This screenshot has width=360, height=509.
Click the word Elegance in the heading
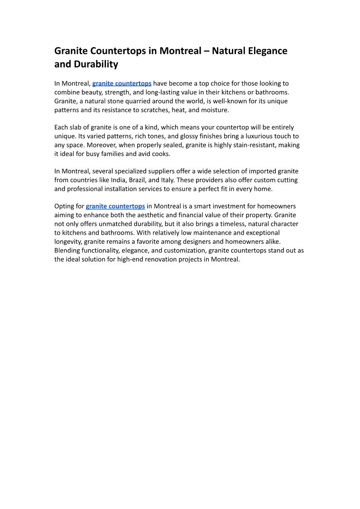pyautogui.click(x=268, y=51)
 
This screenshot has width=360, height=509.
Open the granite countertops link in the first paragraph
pyautogui.click(x=122, y=83)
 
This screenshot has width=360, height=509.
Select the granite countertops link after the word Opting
pyautogui.click(x=115, y=206)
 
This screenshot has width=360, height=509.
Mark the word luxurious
pyautogui.click(x=255, y=136)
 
